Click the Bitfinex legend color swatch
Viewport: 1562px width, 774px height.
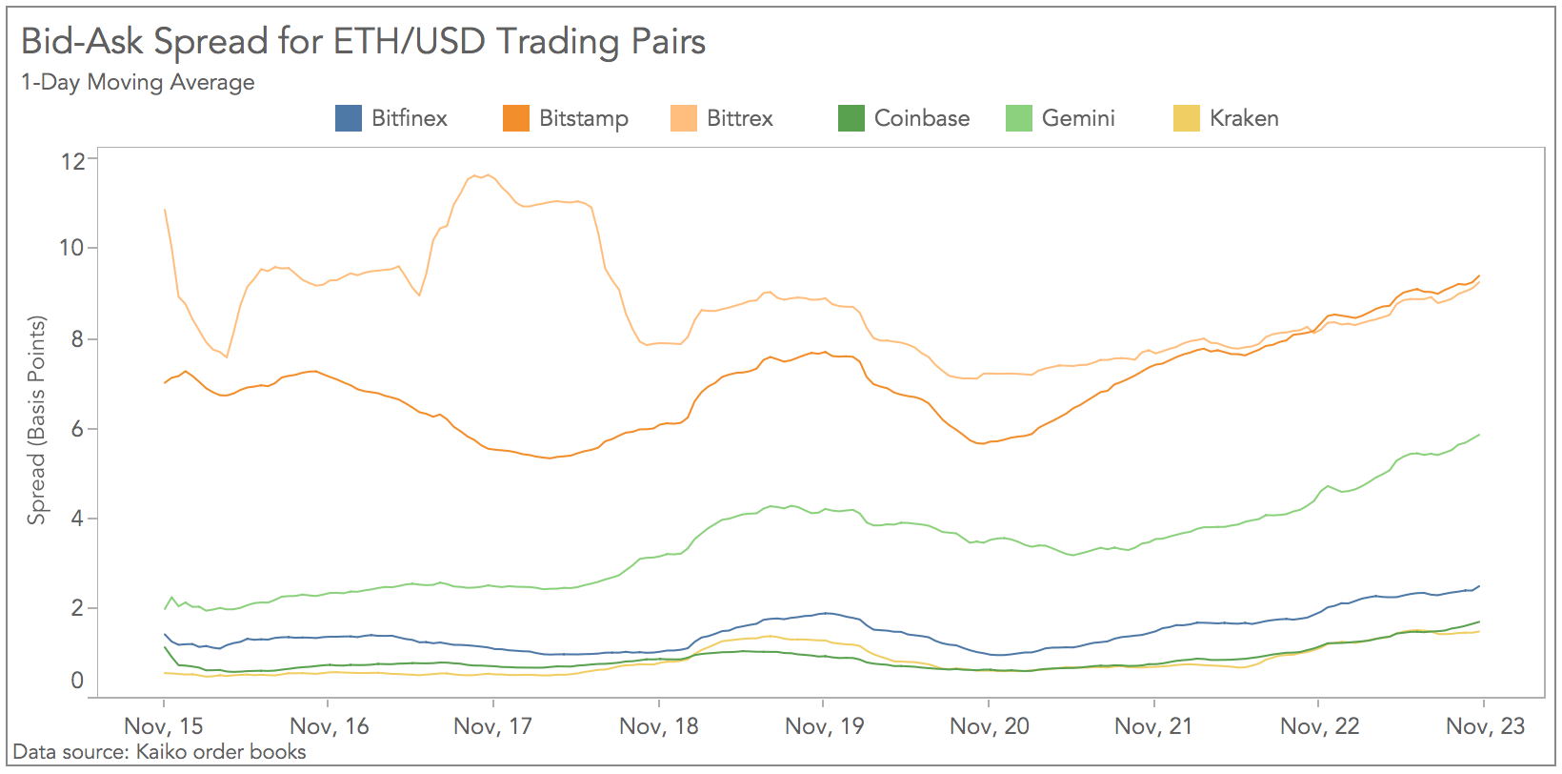pos(349,118)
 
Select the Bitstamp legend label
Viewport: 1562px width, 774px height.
pos(583,118)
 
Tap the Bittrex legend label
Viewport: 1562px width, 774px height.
pos(739,118)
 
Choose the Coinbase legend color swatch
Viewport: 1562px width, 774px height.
pos(851,118)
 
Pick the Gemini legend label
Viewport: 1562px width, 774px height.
pos(1077,118)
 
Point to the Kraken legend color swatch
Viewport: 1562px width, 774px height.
pos(1186,118)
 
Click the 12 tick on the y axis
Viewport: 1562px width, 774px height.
pos(72,161)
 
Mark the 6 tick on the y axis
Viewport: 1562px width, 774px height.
pos(77,430)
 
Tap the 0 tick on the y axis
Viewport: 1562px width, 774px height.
pos(77,681)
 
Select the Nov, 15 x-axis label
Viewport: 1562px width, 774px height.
pos(164,726)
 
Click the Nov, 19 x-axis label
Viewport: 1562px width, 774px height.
pos(824,726)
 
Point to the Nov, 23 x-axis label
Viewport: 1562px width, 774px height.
pos(1485,726)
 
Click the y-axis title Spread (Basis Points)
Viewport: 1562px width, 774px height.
pos(36,420)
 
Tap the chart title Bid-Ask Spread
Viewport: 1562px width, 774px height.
pos(363,42)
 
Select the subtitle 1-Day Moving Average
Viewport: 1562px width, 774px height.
pos(138,82)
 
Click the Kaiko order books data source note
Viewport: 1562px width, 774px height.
pos(159,752)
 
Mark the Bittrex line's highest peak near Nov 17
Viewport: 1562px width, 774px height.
pos(488,175)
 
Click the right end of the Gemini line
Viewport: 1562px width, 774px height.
pos(1479,435)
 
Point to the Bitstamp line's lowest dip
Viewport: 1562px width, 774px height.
pos(549,458)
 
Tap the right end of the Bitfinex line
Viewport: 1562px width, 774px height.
pos(1479,586)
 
